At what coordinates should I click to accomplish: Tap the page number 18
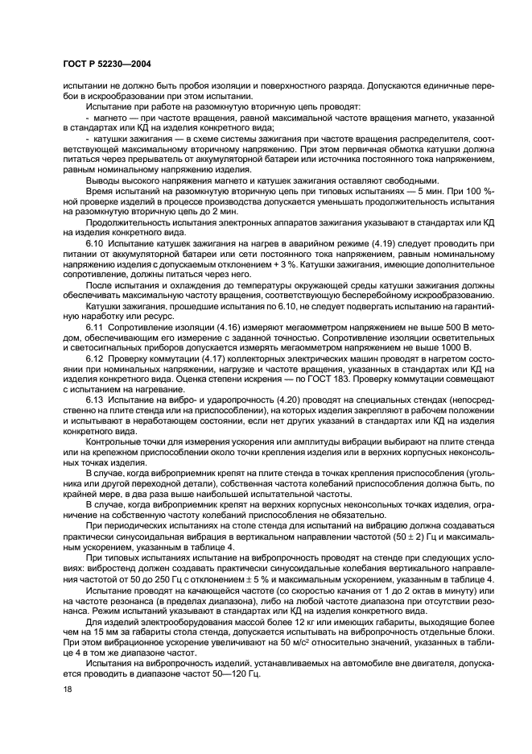coord(67,690)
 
